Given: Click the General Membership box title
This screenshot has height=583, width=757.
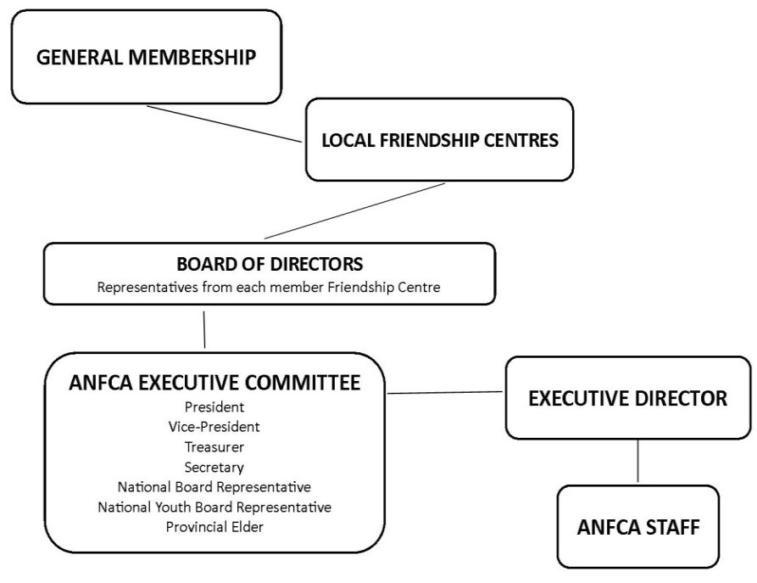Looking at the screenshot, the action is (147, 57).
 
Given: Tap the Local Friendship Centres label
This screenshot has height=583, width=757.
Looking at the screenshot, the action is (440, 140).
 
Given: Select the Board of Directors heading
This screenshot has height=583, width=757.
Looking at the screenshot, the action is (270, 264).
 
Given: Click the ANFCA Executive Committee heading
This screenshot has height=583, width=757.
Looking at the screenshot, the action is (214, 383).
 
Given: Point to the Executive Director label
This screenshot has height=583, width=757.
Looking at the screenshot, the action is (627, 398).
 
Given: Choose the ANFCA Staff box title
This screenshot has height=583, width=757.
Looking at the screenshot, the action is (638, 527).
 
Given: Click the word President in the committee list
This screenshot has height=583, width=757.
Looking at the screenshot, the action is (214, 407).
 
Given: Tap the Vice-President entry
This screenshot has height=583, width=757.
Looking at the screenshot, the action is (214, 427).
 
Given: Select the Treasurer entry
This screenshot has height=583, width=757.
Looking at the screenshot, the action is (214, 447).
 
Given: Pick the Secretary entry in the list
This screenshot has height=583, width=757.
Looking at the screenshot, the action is (214, 468).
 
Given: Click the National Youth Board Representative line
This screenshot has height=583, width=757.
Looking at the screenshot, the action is (214, 507).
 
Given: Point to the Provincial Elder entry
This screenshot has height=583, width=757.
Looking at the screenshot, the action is (214, 527).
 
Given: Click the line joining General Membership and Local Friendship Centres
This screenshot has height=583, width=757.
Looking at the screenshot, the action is (224, 124).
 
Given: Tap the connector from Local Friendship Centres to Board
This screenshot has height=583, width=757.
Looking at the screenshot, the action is (354, 210).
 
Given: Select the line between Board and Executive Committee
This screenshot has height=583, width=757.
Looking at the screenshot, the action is (204, 330).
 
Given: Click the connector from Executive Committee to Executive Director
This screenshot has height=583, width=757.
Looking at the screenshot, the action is (445, 393).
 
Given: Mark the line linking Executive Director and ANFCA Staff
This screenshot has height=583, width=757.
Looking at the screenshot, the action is (637, 461).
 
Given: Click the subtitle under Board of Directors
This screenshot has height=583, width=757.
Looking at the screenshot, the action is (269, 287).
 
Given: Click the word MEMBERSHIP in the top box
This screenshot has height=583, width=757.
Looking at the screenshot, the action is (192, 57).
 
